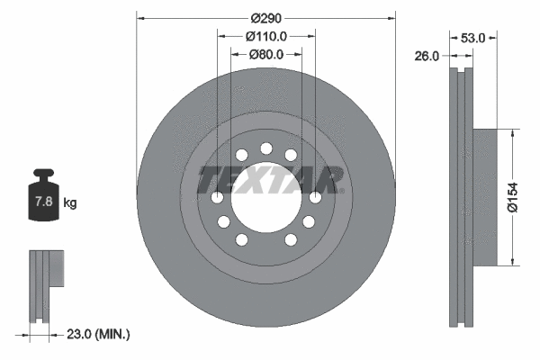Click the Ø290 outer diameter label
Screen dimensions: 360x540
[x=266, y=18]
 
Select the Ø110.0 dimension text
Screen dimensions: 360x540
[x=266, y=36]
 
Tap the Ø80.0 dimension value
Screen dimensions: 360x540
[x=266, y=54]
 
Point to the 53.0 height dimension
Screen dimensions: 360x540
[x=472, y=38]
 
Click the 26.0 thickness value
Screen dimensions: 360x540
[x=427, y=56]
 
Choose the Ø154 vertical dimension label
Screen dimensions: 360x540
[x=512, y=196]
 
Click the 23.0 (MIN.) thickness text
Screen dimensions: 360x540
[x=99, y=334]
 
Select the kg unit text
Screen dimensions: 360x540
[x=70, y=203]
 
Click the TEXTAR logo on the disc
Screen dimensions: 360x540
[x=270, y=180]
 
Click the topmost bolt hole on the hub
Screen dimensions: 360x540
[x=266, y=148]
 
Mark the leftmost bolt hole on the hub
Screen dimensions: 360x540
[x=217, y=198]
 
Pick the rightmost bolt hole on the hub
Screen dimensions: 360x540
[x=315, y=198]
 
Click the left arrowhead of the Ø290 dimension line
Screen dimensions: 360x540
[x=140, y=18]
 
